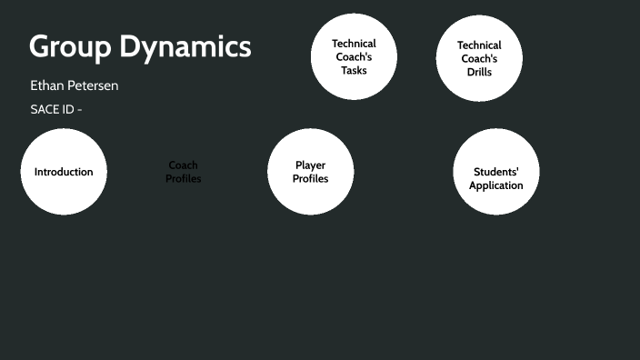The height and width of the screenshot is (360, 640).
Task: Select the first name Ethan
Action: click(47, 85)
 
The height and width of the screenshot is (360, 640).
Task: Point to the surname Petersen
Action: click(94, 85)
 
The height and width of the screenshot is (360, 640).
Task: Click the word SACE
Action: click(45, 109)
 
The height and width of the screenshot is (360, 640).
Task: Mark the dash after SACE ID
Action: click(80, 109)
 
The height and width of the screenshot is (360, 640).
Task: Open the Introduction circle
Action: click(64, 172)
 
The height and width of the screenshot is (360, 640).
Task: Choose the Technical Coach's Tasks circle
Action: click(354, 56)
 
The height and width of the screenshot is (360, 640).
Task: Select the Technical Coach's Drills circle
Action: click(479, 58)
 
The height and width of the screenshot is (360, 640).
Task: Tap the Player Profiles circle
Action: click(310, 172)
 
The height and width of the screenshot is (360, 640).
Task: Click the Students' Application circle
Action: click(496, 172)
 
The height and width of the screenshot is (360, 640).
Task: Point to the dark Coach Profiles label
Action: click(184, 172)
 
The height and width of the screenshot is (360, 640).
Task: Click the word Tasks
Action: click(354, 70)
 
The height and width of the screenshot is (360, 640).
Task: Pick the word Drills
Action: click(479, 72)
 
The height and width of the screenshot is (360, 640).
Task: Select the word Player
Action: click(310, 165)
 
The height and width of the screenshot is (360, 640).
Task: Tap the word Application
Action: click(496, 185)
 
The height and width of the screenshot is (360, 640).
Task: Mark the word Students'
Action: click(496, 172)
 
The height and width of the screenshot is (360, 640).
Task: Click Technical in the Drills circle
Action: click(479, 45)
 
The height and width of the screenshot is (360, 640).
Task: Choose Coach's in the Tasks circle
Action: click(354, 56)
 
